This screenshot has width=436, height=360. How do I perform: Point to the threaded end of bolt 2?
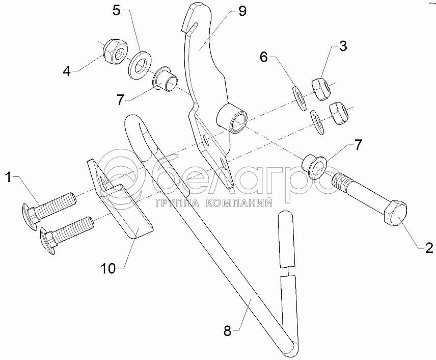pos(342,181)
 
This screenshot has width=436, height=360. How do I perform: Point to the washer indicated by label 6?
pos(299,96)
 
